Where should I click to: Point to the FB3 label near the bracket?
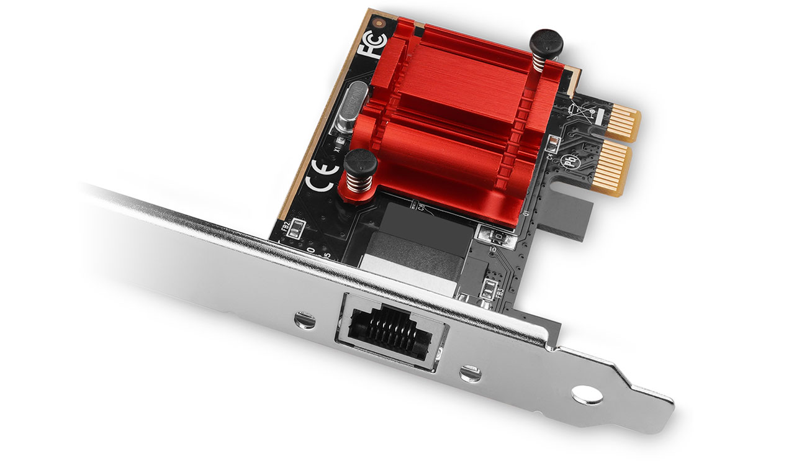click(x=500, y=292)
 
